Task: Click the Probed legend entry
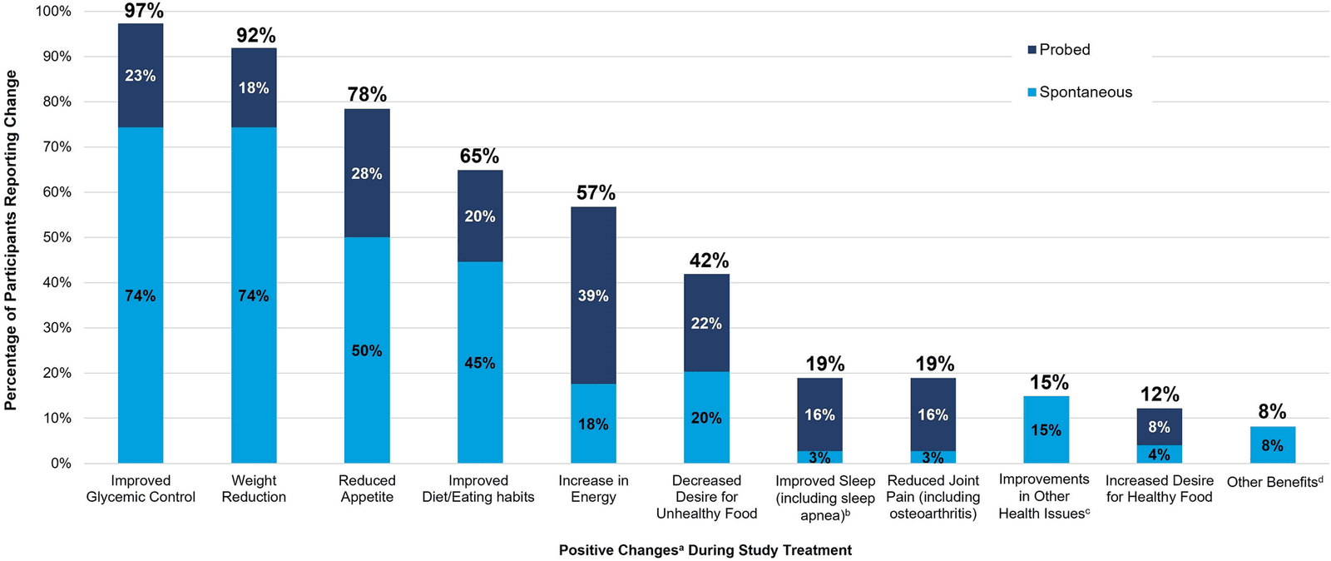pos(1059,50)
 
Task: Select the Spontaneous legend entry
pos(1081,92)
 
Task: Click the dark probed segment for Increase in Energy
pos(594,295)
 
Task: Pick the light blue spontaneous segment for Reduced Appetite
pos(367,350)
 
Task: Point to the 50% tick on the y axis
pos(54,238)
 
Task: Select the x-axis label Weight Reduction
pos(254,489)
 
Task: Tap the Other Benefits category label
pos(1274,481)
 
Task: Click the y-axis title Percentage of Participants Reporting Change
pos(11,240)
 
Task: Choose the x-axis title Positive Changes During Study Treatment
pos(705,550)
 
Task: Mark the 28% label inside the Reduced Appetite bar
pos(367,173)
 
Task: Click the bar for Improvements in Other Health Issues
pos(1046,429)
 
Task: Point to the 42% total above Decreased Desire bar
pos(709,261)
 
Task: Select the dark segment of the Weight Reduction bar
pos(254,88)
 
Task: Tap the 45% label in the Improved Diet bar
pos(480,363)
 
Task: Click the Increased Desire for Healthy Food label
pos(1160,489)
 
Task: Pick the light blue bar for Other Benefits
pos(1273,444)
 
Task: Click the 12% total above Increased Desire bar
pos(1160,394)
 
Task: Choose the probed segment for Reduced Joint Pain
pos(933,415)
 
